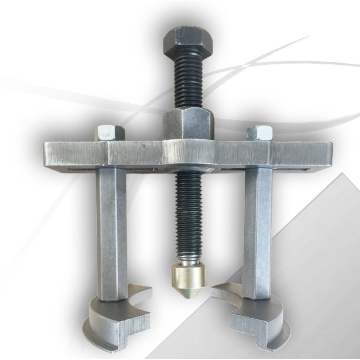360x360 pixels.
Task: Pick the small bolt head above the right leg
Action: [x=260, y=133]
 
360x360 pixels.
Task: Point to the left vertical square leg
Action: [x=111, y=232]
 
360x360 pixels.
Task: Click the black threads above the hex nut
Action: [x=187, y=81]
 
